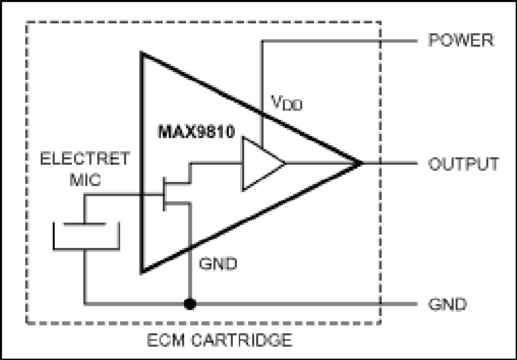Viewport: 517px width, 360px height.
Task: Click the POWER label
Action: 460,40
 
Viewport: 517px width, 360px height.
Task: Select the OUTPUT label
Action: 463,164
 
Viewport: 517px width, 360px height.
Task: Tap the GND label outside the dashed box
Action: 448,304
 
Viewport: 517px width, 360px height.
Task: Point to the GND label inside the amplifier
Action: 218,263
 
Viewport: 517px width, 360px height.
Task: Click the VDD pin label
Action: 286,103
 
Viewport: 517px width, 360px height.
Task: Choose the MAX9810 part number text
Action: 197,132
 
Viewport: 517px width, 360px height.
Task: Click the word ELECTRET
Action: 85,159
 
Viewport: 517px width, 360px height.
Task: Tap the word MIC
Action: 85,180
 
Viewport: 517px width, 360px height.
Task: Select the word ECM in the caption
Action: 165,340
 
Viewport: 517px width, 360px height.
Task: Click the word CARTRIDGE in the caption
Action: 241,340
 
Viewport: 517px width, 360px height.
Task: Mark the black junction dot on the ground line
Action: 190,304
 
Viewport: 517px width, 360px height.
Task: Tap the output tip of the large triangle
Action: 362,163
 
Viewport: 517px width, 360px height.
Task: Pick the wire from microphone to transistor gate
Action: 123,195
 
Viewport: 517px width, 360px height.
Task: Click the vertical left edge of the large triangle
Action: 142,163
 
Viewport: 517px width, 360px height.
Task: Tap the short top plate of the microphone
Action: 85,225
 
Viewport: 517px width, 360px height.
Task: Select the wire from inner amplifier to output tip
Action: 322,163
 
